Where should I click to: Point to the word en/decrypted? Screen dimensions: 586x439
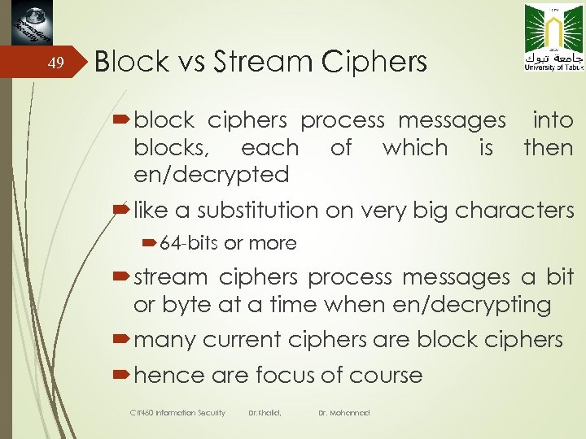[x=212, y=174]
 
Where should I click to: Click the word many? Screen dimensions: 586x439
[x=163, y=340]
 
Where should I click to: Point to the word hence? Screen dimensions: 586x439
[x=169, y=375]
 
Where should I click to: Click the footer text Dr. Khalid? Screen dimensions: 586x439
[x=264, y=413]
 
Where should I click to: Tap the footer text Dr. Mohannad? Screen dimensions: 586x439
[x=344, y=413]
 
